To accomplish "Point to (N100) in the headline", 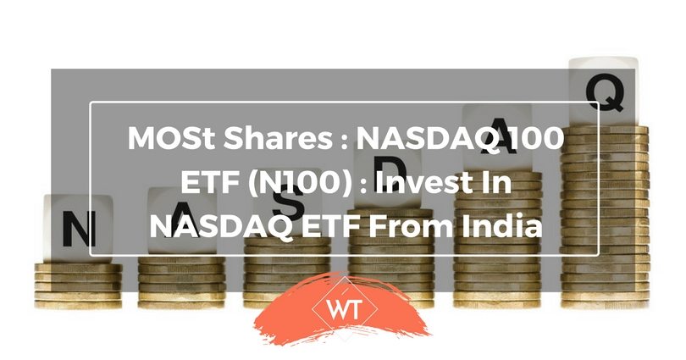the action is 300,182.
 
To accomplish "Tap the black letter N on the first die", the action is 79,229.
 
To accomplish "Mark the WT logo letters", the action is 344,310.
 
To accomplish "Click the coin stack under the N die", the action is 78,285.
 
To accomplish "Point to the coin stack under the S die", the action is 287,271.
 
